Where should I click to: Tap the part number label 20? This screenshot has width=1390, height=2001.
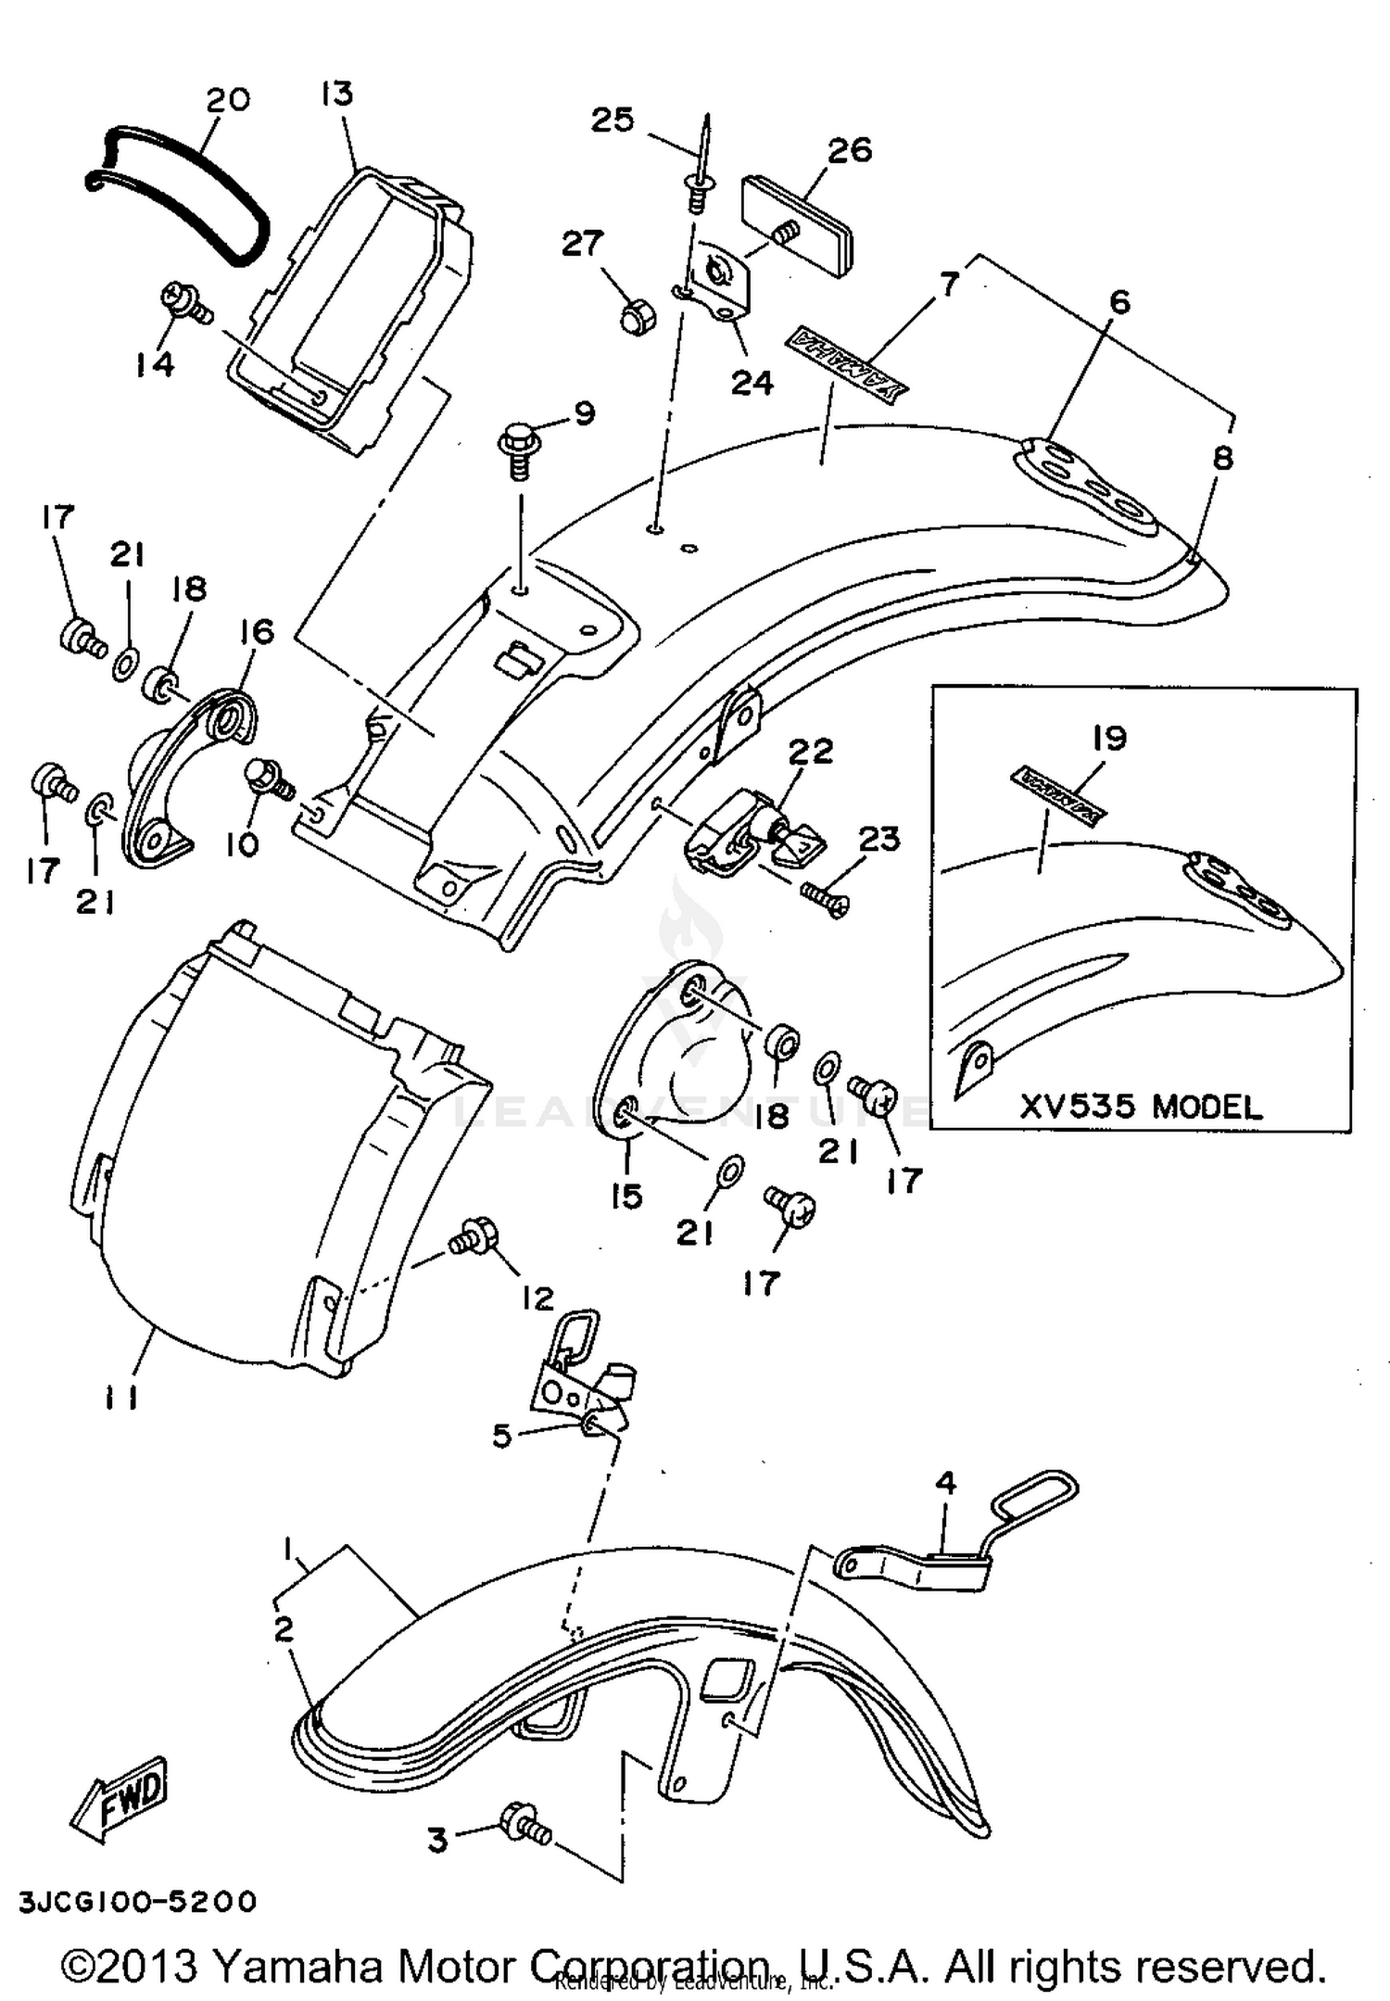(x=227, y=100)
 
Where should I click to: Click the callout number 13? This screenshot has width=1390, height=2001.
(x=337, y=94)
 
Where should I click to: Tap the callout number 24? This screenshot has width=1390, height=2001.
(x=752, y=381)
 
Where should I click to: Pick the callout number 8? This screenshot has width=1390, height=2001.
(x=1223, y=457)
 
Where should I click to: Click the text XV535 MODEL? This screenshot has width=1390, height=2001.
(x=1141, y=1107)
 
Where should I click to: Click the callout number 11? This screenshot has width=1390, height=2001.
(x=121, y=1397)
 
